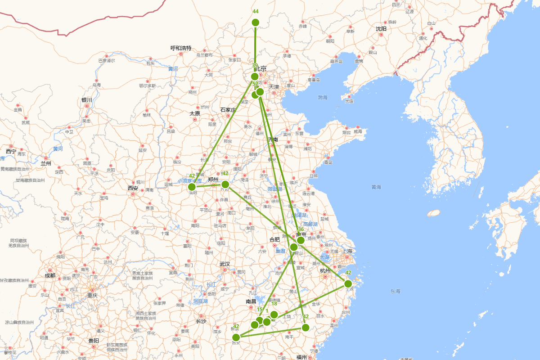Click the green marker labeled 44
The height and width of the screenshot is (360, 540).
pyautogui.click(x=256, y=22)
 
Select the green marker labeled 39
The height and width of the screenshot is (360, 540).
pyautogui.click(x=255, y=76)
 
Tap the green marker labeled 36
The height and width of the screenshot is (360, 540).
pyautogui.click(x=301, y=240)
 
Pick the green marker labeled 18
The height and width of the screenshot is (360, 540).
pyautogui.click(x=274, y=315)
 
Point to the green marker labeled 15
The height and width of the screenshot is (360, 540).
pyautogui.click(x=260, y=320)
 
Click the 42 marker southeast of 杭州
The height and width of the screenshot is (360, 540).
pyautogui.click(x=348, y=283)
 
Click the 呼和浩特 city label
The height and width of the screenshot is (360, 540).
pyautogui.click(x=181, y=48)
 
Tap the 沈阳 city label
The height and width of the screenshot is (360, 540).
pyautogui.click(x=381, y=29)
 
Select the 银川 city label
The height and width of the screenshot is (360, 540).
pyautogui.click(x=87, y=100)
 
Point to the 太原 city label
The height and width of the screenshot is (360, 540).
pyautogui.click(x=195, y=114)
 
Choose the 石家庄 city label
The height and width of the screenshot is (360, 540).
pyautogui.click(x=228, y=110)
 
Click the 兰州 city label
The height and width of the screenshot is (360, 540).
pyautogui.click(x=46, y=163)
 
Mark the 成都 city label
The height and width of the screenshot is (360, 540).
pyautogui.click(x=50, y=275)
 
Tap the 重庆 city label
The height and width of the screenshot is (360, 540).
pyautogui.click(x=93, y=296)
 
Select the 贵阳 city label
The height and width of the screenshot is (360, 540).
pyautogui.click(x=94, y=341)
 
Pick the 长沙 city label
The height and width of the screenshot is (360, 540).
pyautogui.click(x=201, y=321)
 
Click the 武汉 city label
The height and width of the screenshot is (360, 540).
pyautogui.click(x=225, y=264)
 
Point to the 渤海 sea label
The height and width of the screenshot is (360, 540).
pyautogui.click(x=323, y=97)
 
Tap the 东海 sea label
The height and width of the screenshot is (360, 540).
pyautogui.click(x=395, y=291)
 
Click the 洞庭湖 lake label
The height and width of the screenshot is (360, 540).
pyautogui.click(x=201, y=301)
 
